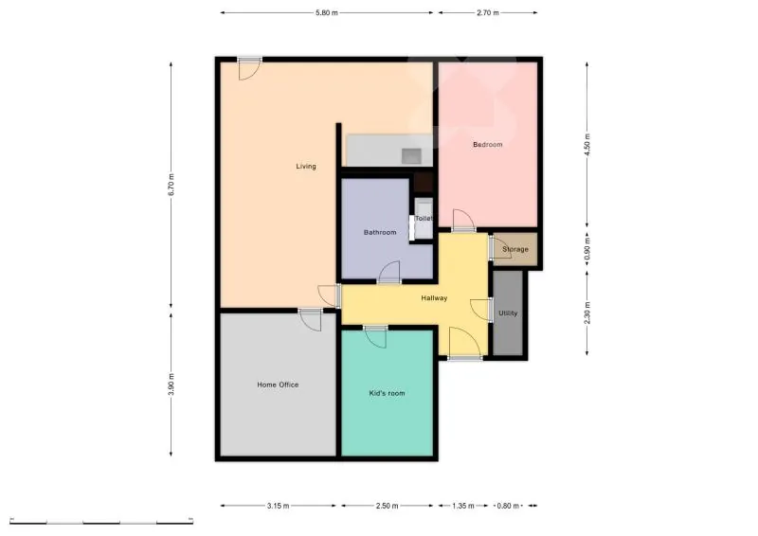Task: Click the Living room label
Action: click(x=306, y=167)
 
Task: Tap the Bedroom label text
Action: click(x=487, y=145)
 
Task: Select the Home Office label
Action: click(x=278, y=384)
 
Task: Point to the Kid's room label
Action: click(x=387, y=393)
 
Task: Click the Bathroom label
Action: click(x=380, y=232)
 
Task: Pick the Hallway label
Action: click(x=434, y=298)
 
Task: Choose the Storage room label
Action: click(x=515, y=249)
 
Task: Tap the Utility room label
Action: click(x=508, y=313)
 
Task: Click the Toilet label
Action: click(x=424, y=219)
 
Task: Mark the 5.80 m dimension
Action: click(x=327, y=13)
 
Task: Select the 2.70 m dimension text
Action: click(x=488, y=13)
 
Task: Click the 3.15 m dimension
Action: click(x=278, y=506)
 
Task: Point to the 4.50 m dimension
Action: click(x=587, y=145)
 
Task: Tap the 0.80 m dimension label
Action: click(x=508, y=506)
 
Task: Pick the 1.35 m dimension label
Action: click(x=463, y=506)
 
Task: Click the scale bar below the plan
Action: click(x=101, y=521)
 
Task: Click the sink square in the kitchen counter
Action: click(x=411, y=156)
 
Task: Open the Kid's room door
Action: click(x=376, y=337)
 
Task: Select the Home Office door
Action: click(x=310, y=319)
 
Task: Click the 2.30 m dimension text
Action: click(x=587, y=313)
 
